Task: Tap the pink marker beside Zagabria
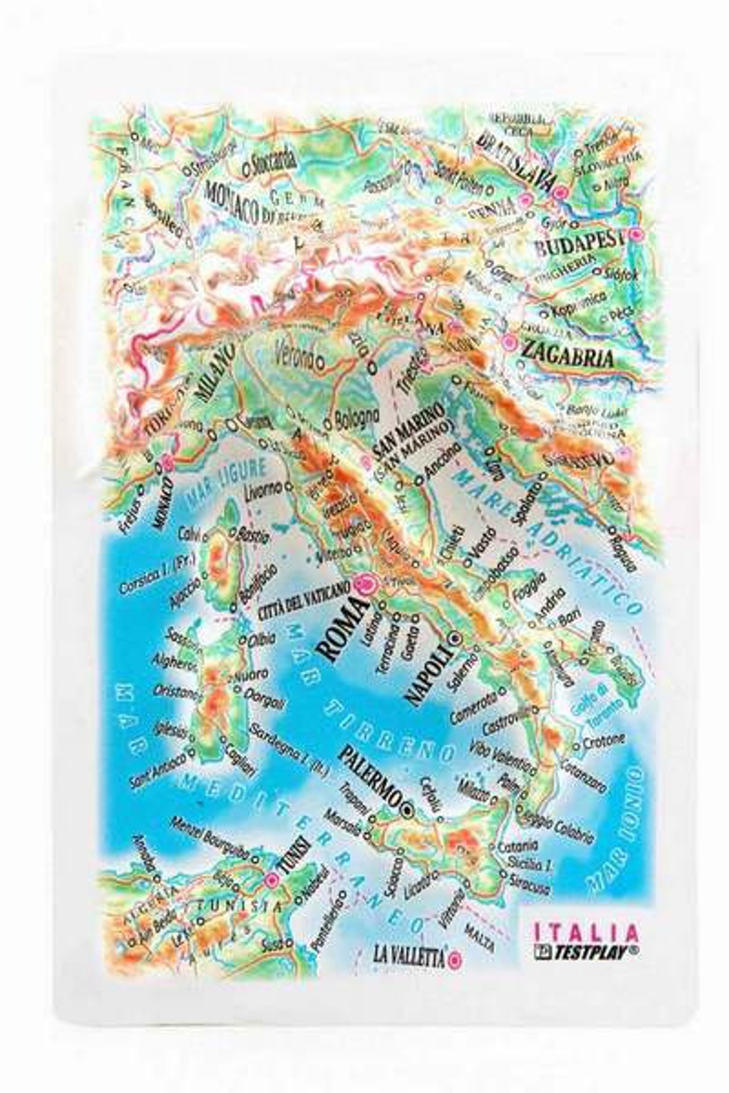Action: [x=509, y=342]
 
